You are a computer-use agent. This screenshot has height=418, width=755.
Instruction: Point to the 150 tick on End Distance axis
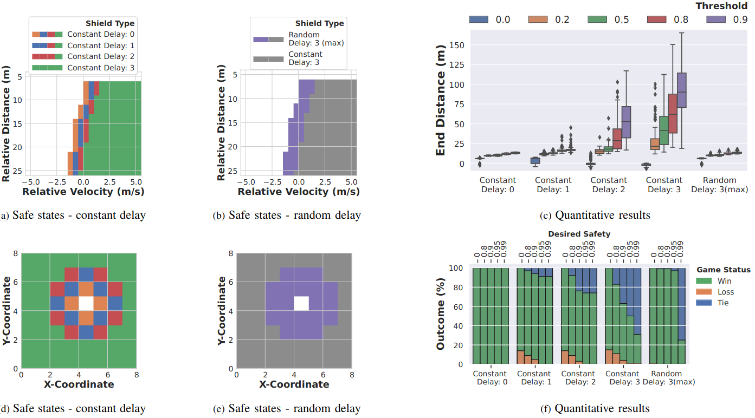tap(459, 45)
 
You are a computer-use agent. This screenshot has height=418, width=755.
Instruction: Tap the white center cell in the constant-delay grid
tap(86, 303)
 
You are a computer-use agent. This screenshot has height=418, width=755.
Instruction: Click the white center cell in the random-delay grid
tap(301, 303)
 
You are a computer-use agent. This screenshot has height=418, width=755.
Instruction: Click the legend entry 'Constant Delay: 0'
tap(98, 34)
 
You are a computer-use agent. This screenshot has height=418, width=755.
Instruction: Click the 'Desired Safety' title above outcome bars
tap(579, 234)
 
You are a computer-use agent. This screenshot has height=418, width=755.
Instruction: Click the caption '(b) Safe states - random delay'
tap(287, 215)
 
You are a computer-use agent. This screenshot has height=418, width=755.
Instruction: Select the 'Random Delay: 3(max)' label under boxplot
tap(720, 184)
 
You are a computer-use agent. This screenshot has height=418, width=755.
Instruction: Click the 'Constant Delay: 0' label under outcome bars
tap(490, 377)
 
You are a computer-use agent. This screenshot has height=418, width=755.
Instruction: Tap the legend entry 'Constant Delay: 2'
tap(98, 56)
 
